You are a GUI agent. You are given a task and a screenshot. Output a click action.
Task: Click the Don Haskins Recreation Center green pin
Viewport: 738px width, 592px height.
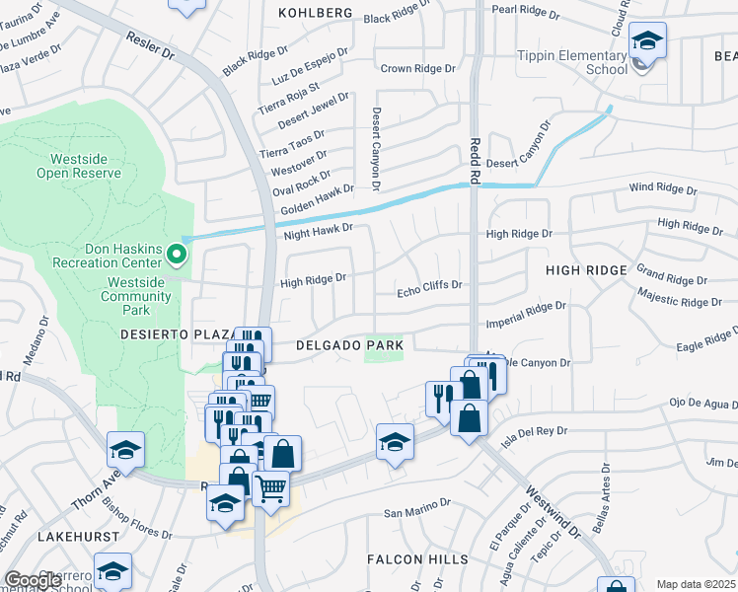coord(177,255)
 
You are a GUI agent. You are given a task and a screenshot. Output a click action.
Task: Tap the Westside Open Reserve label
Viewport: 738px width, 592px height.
coord(79,166)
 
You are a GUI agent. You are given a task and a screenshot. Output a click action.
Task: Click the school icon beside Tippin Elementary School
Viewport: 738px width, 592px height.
coord(647,42)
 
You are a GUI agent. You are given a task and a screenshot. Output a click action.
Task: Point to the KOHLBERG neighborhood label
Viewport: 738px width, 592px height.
coord(315,13)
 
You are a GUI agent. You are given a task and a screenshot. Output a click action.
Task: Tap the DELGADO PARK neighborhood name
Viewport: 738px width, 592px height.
coord(350,345)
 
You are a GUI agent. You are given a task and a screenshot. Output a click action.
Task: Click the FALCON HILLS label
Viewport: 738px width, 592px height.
coord(417,559)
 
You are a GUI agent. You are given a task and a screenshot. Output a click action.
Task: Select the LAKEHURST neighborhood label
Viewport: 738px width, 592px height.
coord(78,536)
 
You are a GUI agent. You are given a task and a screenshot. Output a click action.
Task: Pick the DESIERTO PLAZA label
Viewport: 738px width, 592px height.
coord(175,333)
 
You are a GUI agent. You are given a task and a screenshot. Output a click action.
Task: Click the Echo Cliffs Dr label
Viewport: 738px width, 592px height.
coord(429,285)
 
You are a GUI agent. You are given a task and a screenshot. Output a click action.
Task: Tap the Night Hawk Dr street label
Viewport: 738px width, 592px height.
coord(318,229)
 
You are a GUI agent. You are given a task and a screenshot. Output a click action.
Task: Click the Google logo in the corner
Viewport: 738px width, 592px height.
coord(33,580)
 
